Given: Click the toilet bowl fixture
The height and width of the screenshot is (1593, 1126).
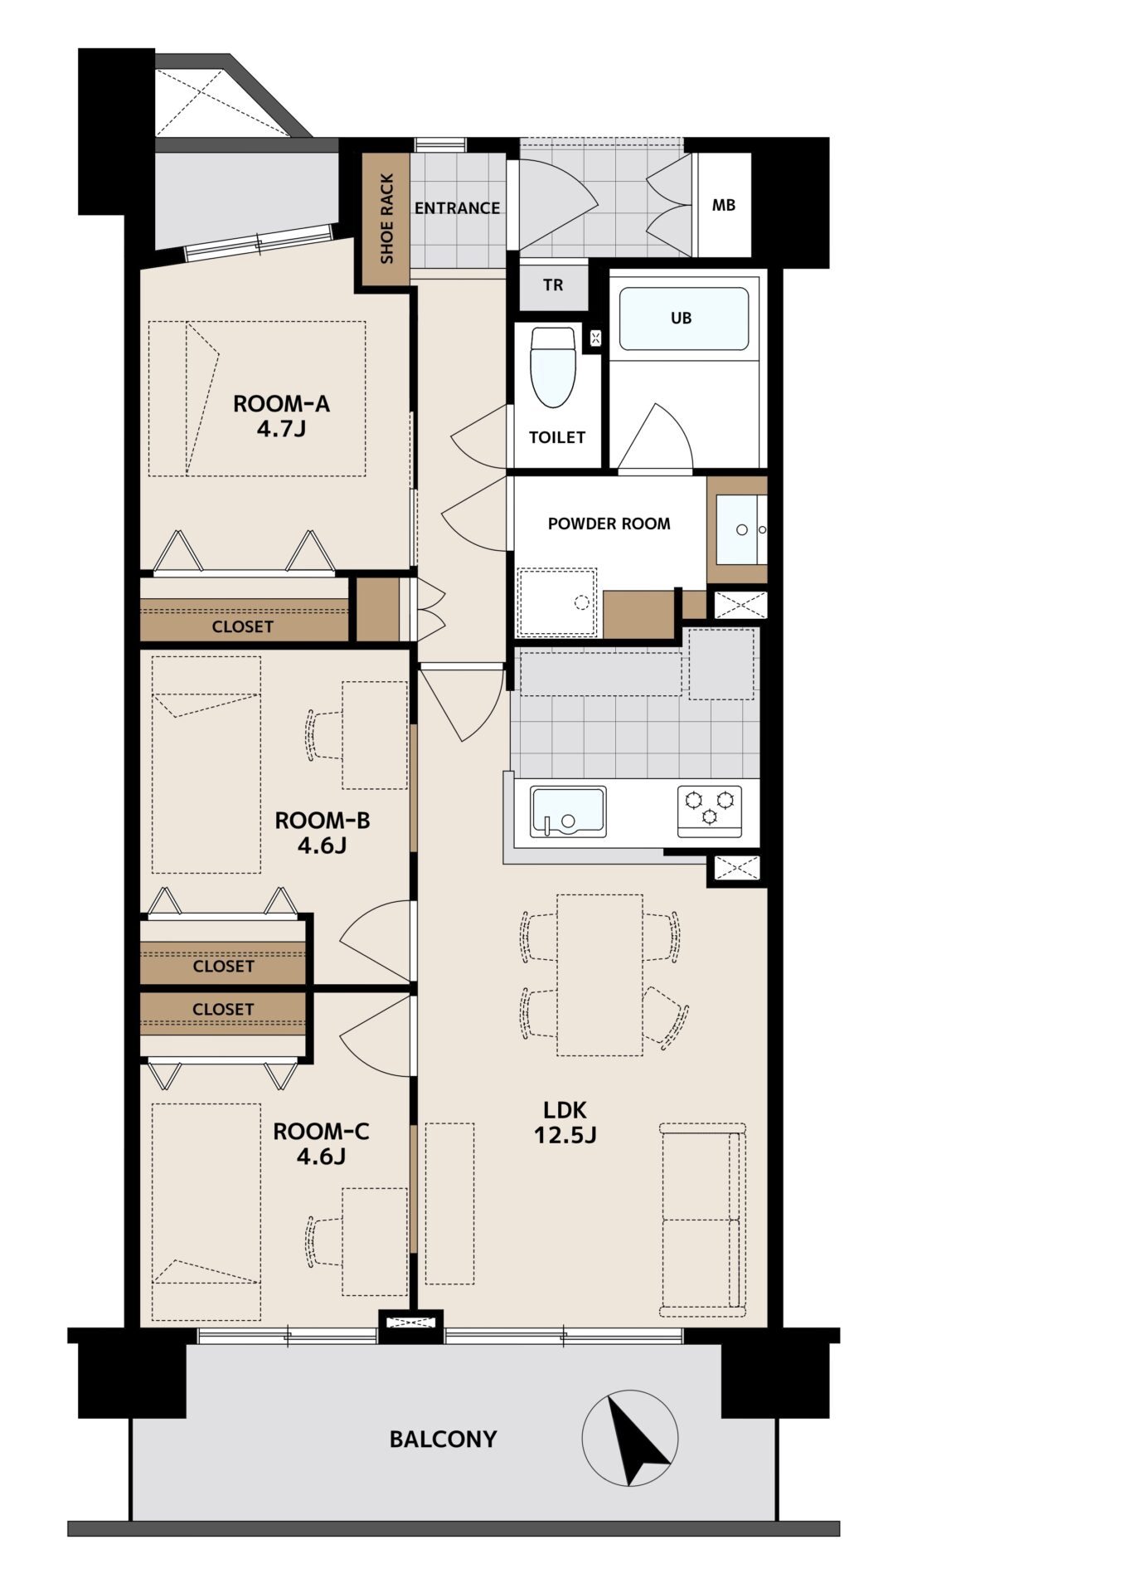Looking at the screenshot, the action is [552, 366].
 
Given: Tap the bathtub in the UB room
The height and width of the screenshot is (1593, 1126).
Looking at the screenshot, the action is [684, 319].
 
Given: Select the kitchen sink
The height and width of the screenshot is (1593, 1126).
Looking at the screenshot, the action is [568, 812].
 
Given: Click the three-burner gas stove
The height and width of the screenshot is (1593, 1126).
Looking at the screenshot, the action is [710, 811].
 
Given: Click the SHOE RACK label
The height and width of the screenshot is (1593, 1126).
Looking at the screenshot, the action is [386, 218].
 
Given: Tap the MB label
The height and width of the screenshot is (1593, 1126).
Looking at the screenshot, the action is [724, 205].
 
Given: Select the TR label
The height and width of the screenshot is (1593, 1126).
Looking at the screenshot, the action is [553, 285].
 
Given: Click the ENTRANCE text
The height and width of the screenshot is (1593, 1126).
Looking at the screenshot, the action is [457, 208].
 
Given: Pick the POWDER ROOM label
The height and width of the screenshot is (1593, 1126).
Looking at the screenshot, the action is [609, 524].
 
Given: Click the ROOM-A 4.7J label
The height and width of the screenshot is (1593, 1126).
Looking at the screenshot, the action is [281, 416].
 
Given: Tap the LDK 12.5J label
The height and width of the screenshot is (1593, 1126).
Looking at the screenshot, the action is [565, 1122].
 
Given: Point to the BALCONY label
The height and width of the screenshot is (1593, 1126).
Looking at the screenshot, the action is [444, 1439].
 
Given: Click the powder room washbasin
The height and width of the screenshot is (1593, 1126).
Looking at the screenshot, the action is [741, 529].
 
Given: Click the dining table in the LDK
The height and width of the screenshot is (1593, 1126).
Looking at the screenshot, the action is [599, 975].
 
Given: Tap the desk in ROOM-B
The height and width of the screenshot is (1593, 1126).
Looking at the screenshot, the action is [375, 735].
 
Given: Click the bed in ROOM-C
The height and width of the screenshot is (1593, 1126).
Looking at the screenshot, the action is [206, 1212].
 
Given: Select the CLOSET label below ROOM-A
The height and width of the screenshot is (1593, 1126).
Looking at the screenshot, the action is [242, 626].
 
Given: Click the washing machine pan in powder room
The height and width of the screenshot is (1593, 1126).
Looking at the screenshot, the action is [556, 602].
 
